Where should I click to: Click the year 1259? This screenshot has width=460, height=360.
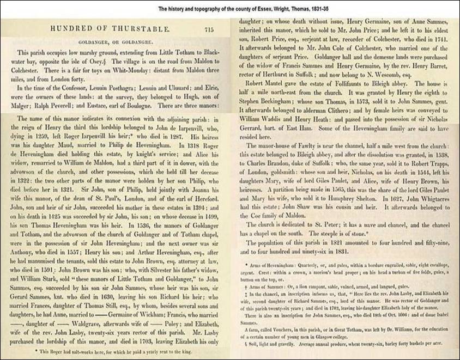[53, 147]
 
